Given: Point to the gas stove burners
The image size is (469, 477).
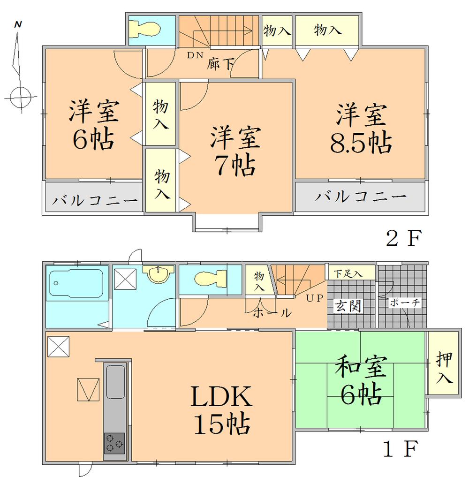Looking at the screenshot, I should [x=114, y=443].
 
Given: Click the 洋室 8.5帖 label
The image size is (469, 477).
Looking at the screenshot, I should [x=361, y=129].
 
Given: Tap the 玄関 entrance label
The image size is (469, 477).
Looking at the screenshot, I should [x=348, y=307].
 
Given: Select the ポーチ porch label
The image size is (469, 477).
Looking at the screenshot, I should [x=404, y=303].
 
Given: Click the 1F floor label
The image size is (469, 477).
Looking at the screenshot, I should [x=401, y=451].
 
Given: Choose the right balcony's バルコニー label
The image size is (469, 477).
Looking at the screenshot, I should [x=360, y=197].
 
